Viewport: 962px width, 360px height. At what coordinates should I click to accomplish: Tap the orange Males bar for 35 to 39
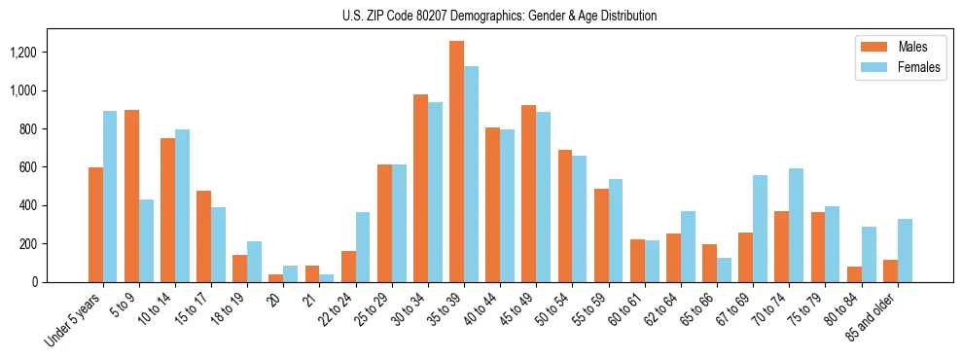tap(456, 162)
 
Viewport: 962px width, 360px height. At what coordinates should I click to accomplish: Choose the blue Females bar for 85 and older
tap(905, 250)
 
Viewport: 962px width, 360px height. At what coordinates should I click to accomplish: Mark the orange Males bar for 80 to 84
tap(854, 274)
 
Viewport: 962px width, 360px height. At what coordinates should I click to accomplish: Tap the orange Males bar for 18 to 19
tap(239, 269)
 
